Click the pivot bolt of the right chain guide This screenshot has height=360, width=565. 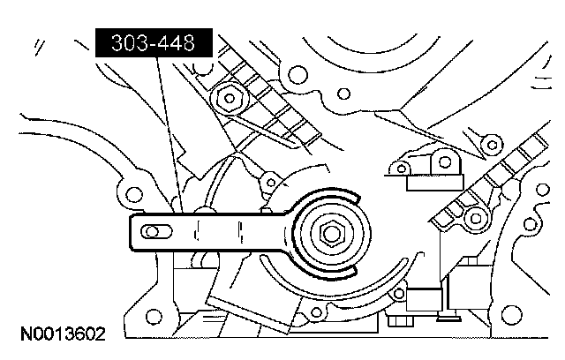coord(476,217)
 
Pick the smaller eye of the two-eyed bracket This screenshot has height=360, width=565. coord(402,167)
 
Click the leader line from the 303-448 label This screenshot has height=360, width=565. coord(169,132)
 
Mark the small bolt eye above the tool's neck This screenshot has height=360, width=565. coord(265,184)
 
